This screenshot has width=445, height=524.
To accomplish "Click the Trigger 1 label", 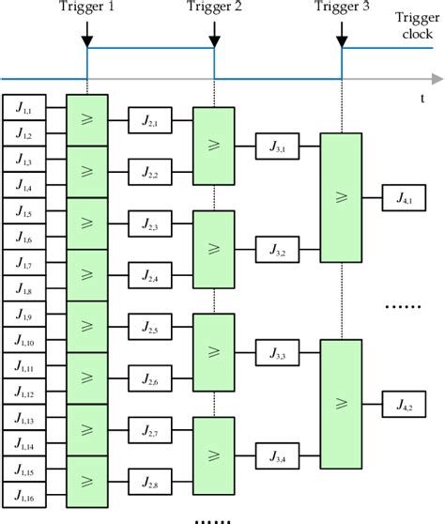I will pos(86,8).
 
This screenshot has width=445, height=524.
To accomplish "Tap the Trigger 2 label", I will pos(214,8).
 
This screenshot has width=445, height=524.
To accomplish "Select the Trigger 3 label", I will pos(341,8).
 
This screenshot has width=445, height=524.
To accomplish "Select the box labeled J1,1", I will pos(23,109).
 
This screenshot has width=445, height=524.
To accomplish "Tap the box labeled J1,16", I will pos(23,494).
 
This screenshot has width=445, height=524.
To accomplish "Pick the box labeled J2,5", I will pos(150,328).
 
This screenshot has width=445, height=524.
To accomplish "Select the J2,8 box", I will pos(150,482).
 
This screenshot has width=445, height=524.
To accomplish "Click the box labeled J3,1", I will pos(278,147).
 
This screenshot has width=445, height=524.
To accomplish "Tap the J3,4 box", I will pos(278,456).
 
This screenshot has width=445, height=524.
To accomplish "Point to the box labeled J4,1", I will pos(405,198).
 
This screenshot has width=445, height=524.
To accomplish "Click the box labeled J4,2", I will pos(405,405).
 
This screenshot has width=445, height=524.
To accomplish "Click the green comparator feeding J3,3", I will pos(214,353).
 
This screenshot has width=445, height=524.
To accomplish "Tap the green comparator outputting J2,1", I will pos(87,121).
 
